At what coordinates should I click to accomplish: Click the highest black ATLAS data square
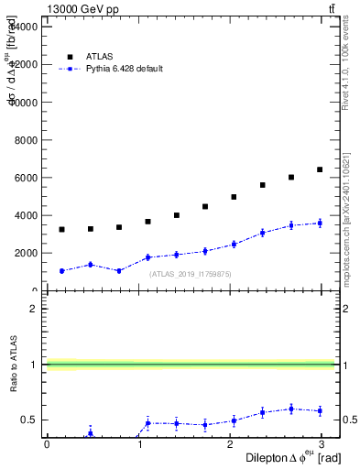320,169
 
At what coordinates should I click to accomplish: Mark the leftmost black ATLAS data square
61,229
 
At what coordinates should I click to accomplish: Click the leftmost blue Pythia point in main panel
61,271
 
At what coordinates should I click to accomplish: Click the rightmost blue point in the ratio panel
320,411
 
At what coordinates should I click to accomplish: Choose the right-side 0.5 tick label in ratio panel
346,420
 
